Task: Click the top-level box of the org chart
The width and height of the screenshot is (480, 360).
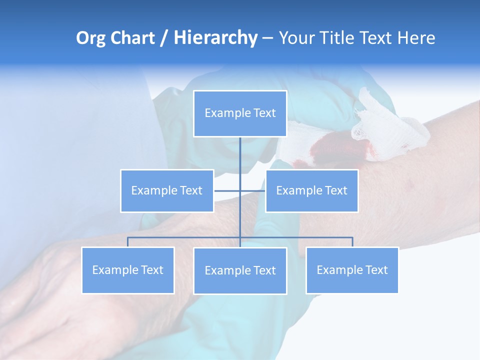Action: (240, 113)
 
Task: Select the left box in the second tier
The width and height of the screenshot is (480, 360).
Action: (167, 190)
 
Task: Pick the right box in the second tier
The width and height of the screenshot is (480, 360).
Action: (311, 190)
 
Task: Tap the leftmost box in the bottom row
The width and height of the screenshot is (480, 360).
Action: (128, 270)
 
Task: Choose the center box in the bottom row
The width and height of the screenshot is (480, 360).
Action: (240, 270)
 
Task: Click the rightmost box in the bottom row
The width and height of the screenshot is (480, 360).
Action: (352, 270)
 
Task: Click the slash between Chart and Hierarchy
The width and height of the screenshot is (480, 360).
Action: (164, 38)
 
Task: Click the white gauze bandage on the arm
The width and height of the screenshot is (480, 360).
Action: (385, 125)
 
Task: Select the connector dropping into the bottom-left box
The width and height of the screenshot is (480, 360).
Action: (128, 242)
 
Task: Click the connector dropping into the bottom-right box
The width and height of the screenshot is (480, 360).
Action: (352, 242)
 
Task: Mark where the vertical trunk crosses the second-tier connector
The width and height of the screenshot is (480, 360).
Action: (240, 190)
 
